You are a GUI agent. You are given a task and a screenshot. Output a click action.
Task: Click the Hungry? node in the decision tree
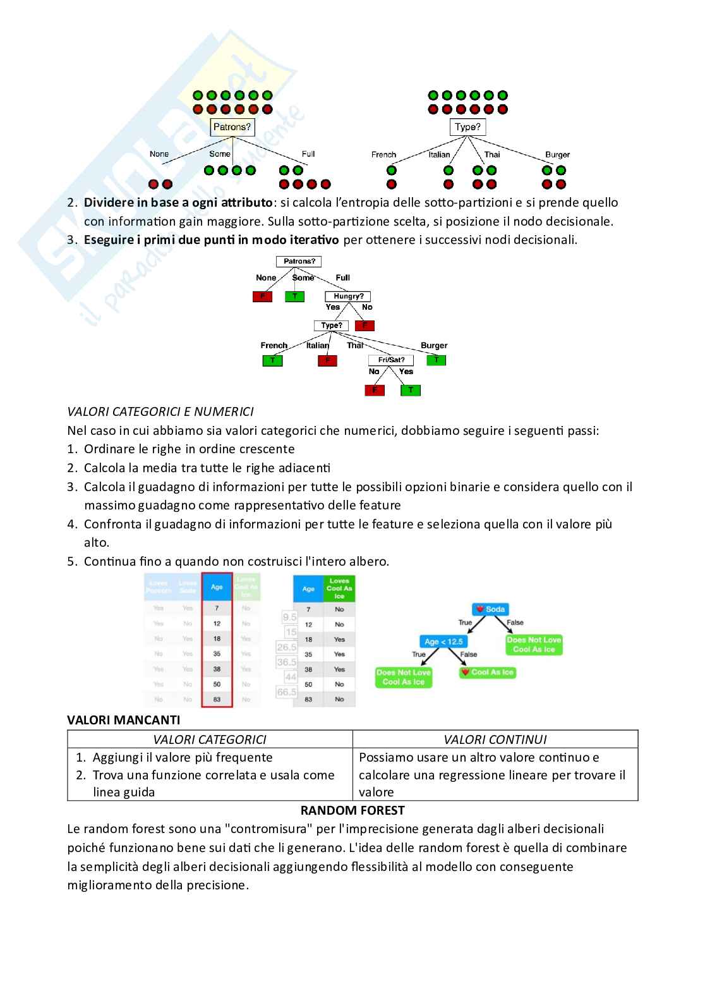[x=348, y=296]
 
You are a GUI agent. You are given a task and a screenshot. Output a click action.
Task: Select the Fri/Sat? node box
[x=391, y=360]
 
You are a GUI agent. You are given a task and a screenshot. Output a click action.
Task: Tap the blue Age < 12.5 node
[x=443, y=641]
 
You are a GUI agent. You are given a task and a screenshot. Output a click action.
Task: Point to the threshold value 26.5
[x=287, y=647]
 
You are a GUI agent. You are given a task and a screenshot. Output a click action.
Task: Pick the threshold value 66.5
[x=287, y=692]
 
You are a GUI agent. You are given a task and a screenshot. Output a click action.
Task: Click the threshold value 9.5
[x=289, y=617]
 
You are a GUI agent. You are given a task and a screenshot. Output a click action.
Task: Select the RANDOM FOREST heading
[x=352, y=810]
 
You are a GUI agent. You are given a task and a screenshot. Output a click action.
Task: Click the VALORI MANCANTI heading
[x=124, y=720]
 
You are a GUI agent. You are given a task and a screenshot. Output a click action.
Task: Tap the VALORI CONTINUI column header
[x=495, y=739]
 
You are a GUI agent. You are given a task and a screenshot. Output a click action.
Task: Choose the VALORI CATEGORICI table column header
[x=210, y=739]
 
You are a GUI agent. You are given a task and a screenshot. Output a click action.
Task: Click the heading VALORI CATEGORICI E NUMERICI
[x=160, y=411]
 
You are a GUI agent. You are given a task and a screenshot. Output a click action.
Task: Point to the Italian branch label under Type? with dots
[x=439, y=154]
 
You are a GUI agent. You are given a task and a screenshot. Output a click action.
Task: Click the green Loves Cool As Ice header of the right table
[x=339, y=588]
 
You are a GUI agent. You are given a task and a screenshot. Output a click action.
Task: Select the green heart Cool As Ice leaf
[x=487, y=672]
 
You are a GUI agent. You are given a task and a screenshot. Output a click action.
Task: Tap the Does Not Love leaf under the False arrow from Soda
[x=534, y=644]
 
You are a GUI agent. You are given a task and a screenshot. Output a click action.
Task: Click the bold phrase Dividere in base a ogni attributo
[x=178, y=203]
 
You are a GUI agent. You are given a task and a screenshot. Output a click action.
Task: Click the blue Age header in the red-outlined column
[x=217, y=587]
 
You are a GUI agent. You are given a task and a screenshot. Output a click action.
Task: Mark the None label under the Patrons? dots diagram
[x=159, y=154]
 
